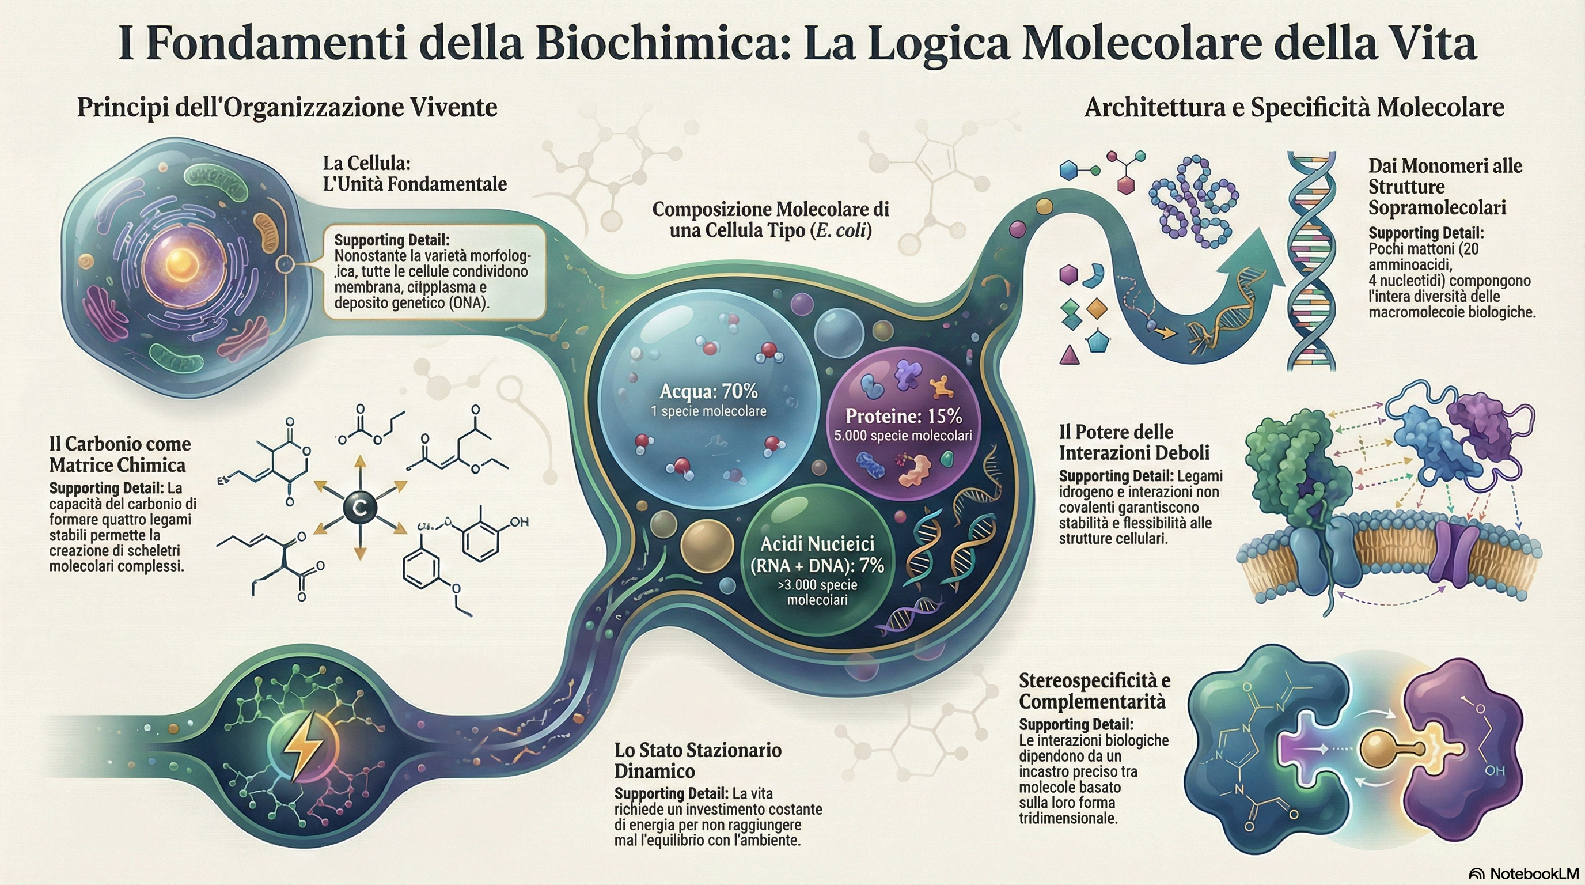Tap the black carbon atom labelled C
tap(359, 508)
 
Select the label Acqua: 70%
tap(708, 391)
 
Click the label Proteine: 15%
tap(903, 416)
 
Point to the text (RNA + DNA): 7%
tap(817, 565)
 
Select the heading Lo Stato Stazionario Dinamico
tap(697, 760)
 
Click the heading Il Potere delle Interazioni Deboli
tap(1134, 442)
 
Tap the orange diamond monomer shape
tap(1097, 308)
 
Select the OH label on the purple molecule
tap(1495, 770)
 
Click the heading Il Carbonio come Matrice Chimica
tap(120, 453)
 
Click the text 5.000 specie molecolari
tap(903, 436)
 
